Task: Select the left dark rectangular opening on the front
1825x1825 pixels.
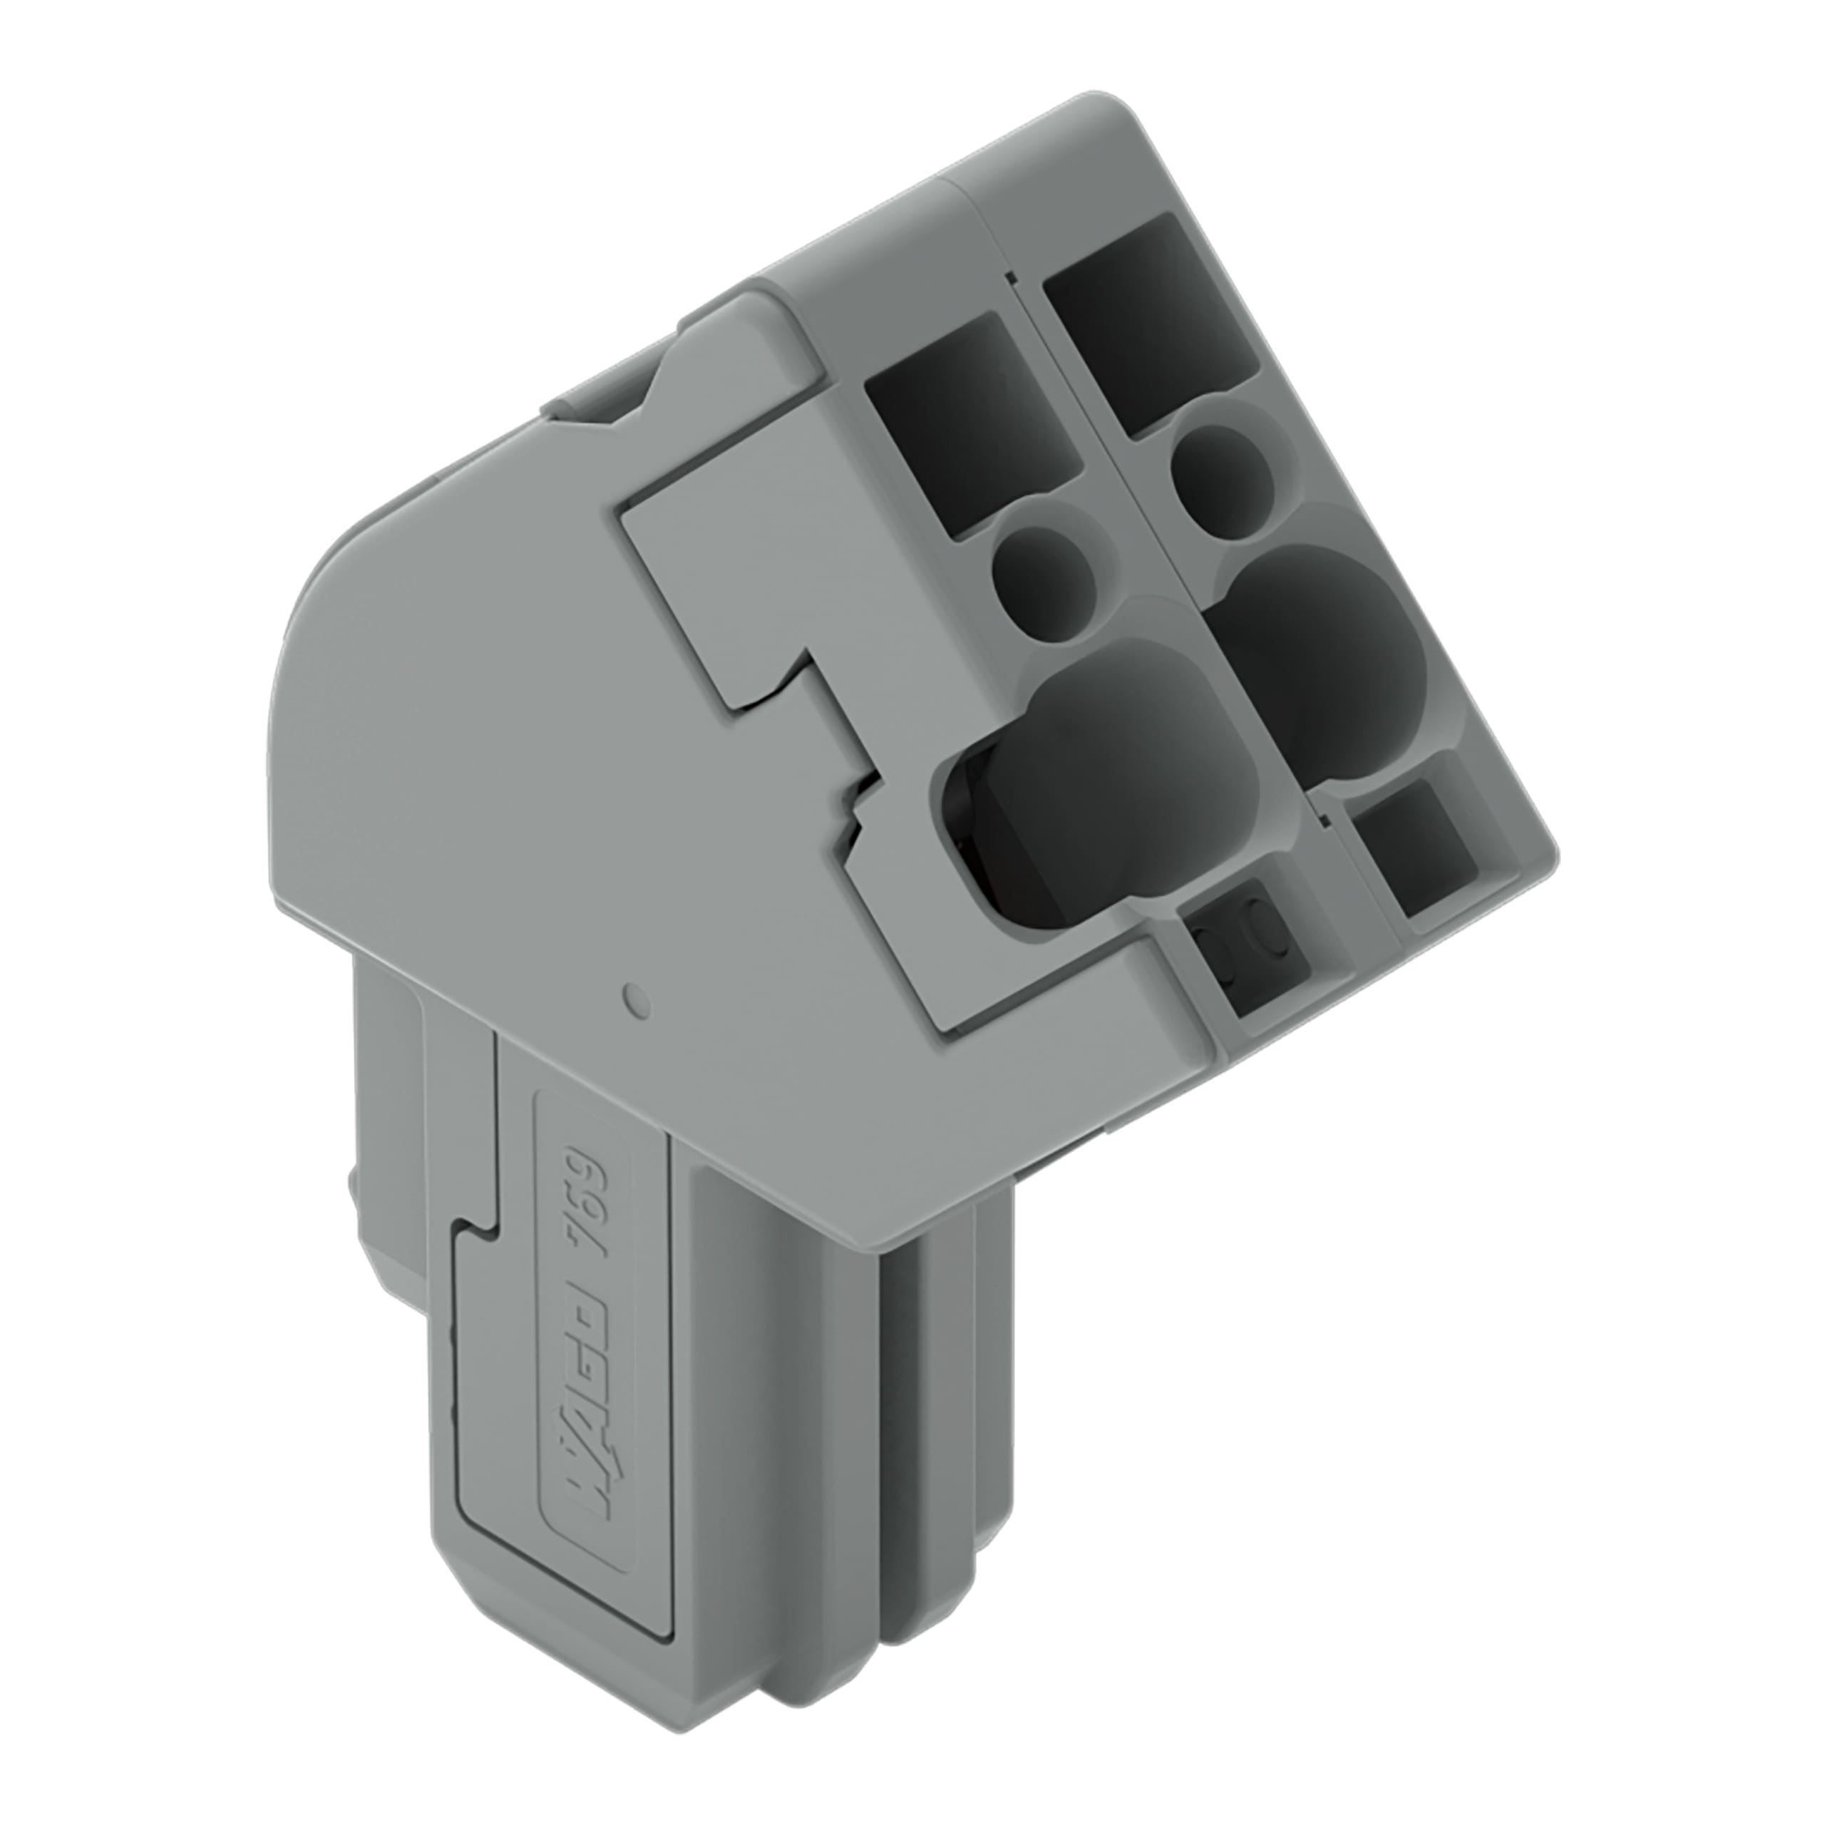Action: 973,425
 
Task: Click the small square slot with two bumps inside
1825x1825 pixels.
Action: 1242,945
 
